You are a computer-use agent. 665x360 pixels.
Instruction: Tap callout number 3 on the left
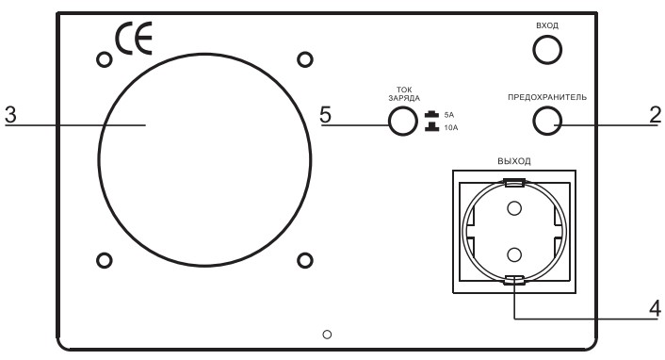(10, 115)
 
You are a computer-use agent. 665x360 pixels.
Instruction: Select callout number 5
(326, 115)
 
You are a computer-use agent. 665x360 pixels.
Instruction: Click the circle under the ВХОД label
(547, 54)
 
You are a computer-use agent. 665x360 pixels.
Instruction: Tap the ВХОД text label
(547, 26)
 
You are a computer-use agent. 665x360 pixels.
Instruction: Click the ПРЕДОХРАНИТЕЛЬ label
(547, 96)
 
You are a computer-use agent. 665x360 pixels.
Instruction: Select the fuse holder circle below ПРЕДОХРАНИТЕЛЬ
(547, 121)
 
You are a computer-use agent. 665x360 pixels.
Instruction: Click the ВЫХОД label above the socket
(513, 161)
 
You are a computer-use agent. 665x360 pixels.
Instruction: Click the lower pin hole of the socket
(513, 253)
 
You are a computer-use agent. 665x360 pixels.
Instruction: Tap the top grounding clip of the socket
(513, 182)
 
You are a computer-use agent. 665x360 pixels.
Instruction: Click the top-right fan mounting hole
(304, 60)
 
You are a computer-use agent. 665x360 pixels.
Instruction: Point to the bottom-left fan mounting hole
(104, 260)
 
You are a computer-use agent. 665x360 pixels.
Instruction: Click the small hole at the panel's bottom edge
(326, 334)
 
